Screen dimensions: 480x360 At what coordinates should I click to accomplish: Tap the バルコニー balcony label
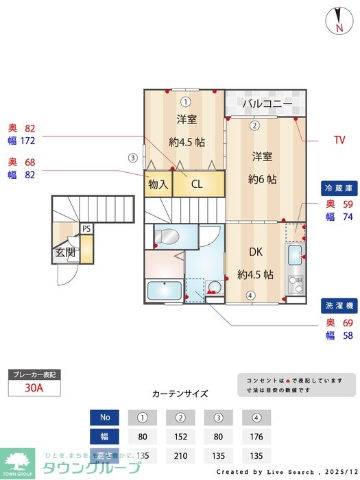pos(267,105)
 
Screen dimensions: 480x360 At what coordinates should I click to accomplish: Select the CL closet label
pos(197,184)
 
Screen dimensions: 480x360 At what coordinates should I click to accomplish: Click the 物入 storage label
pos(158,184)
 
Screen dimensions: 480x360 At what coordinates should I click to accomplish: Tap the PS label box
pos(86,228)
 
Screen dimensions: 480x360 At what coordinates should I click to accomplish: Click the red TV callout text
pos(339,141)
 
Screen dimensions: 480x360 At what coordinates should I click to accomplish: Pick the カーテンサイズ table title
pos(180,394)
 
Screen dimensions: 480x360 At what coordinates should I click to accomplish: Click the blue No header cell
pos(105,417)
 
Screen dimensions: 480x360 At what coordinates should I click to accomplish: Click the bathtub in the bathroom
pos(164,291)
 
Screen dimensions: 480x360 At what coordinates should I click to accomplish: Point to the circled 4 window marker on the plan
pos(251,296)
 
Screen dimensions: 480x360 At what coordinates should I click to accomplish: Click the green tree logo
pos(16,461)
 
